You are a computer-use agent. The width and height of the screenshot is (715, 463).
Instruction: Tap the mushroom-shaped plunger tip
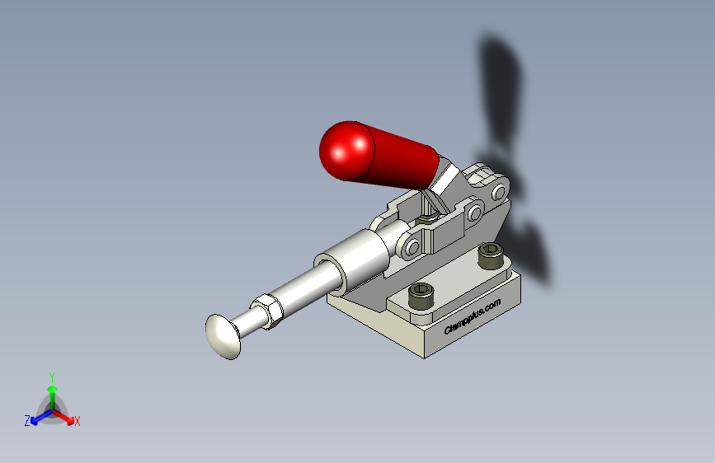coord(223,336)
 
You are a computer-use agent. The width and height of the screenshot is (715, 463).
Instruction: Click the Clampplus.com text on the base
coord(473,316)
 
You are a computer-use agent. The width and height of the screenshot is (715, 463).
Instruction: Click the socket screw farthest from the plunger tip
coord(491,255)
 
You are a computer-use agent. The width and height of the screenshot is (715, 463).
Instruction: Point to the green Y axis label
coord(52,377)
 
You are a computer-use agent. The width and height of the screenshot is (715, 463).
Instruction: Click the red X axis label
coord(77,422)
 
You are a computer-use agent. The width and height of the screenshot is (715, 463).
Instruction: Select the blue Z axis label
coord(27,421)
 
